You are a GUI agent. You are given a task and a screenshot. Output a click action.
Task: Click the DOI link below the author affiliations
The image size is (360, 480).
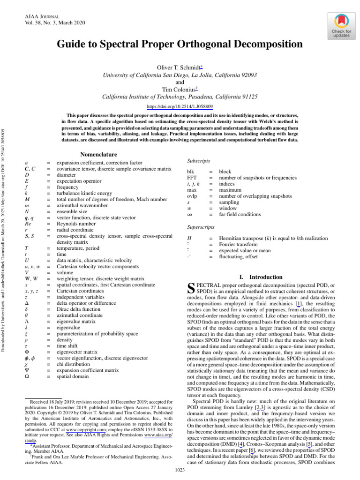pyautogui.click(x=180, y=107)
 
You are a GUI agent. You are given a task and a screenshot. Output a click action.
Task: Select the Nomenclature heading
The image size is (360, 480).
pyautogui.click(x=99, y=155)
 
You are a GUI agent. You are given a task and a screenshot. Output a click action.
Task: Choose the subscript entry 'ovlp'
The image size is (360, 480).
pyautogui.click(x=193, y=196)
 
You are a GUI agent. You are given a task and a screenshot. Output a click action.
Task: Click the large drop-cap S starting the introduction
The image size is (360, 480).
pyautogui.click(x=191, y=288)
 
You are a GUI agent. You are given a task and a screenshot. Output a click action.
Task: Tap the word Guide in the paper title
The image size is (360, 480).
pyautogui.click(x=71, y=45)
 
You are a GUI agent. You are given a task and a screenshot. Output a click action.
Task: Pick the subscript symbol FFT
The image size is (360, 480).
pyautogui.click(x=193, y=178)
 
